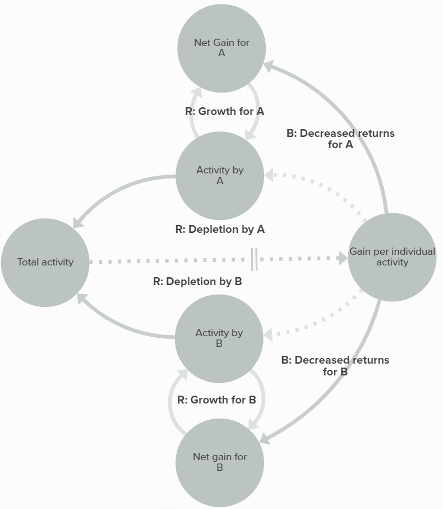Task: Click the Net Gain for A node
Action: click(221, 48)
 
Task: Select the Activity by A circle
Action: click(220, 176)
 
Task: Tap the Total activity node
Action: click(45, 262)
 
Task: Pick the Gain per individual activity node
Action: click(392, 257)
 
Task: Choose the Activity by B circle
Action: click(219, 338)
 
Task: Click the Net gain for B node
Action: click(220, 462)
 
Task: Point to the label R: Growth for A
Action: click(224, 111)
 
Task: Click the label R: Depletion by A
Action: click(220, 229)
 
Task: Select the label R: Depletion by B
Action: click(197, 281)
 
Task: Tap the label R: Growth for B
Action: click(216, 400)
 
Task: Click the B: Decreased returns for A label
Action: click(340, 139)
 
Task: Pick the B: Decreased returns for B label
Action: click(335, 365)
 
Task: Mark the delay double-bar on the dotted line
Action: click(254, 259)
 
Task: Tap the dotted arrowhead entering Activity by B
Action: click(268, 334)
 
